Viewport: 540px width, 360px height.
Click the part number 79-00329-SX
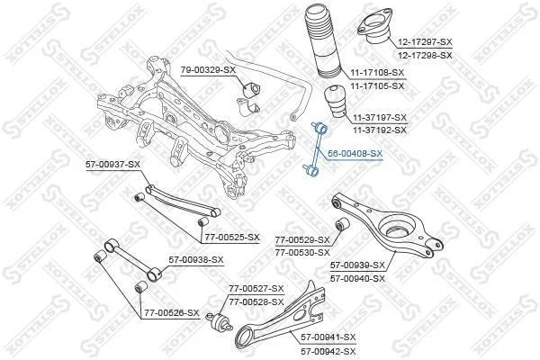(208, 70)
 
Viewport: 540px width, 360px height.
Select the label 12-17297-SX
(426, 42)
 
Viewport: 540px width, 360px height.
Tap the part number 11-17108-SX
(377, 73)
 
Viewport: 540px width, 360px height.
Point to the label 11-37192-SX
(380, 130)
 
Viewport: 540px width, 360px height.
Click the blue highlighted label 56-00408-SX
(355, 154)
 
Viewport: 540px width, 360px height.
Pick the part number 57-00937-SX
(113, 165)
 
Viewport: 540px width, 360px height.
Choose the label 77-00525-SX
(232, 238)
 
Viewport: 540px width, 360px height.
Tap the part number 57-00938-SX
(196, 260)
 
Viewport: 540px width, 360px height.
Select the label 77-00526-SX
(172, 313)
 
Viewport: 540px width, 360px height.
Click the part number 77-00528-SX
(256, 302)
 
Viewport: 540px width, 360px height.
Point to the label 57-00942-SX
(328, 352)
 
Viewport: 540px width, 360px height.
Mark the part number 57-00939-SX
(357, 265)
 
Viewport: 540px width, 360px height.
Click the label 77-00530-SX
(302, 253)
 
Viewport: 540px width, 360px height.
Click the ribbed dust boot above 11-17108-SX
(322, 41)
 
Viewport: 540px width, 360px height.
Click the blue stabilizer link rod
(315, 150)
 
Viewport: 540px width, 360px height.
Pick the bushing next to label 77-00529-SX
(342, 225)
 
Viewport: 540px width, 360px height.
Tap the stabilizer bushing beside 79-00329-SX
(252, 90)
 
